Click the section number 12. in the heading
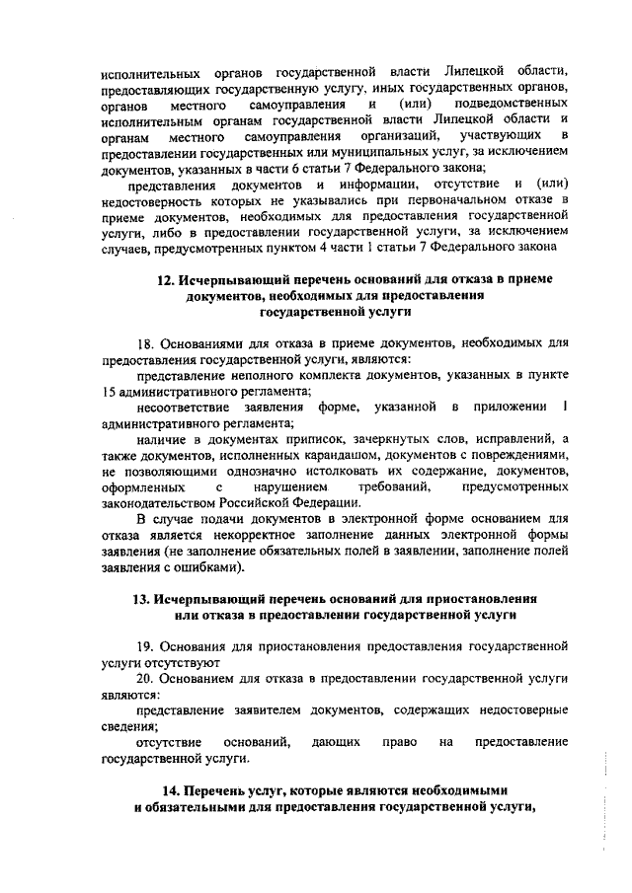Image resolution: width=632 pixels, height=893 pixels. click(168, 279)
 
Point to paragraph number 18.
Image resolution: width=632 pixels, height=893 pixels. click(146, 342)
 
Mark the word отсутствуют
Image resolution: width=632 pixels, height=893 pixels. click(178, 662)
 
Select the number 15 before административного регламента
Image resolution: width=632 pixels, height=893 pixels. click(110, 390)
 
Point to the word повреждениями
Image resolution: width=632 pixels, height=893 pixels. click(517, 453)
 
